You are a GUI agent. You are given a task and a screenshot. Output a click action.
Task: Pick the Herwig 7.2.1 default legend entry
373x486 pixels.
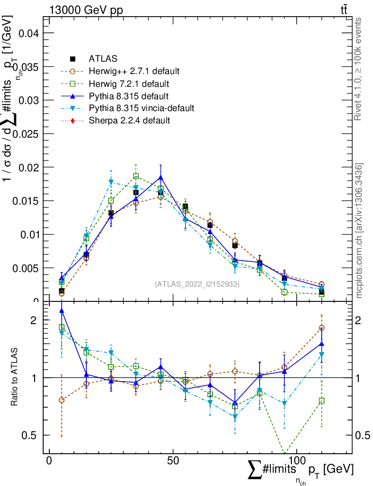pyautogui.click(x=129, y=84)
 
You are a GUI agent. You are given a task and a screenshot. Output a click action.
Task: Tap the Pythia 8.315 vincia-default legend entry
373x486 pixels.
pyautogui.click(x=141, y=108)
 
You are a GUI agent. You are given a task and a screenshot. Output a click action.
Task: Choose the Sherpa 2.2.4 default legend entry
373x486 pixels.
pyautogui.click(x=129, y=121)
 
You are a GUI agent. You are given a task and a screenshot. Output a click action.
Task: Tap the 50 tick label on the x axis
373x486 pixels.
pyautogui.click(x=173, y=460)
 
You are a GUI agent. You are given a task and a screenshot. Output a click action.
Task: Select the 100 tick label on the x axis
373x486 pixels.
pyautogui.click(x=296, y=460)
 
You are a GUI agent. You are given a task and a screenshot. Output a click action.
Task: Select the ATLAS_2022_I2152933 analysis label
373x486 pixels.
pyautogui.click(x=197, y=284)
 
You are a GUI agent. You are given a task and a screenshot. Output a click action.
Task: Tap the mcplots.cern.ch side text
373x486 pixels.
pyautogui.click(x=360, y=231)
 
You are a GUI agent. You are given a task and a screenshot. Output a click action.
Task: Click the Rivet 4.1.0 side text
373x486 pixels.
pyautogui.click(x=360, y=69)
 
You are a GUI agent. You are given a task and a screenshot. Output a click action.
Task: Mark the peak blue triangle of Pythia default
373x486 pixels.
pyautogui.click(x=160, y=178)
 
